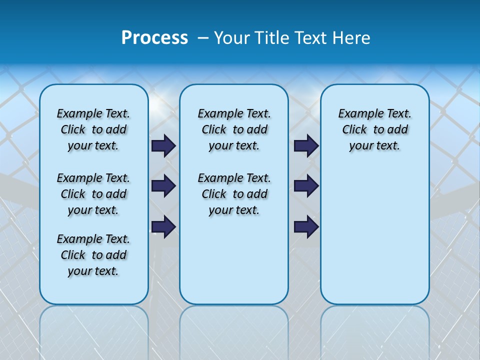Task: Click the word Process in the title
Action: point(154,38)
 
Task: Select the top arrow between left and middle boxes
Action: point(163,145)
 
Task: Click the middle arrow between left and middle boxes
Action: point(163,186)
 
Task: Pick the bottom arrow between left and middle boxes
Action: point(163,226)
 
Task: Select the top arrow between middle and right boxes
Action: point(306,145)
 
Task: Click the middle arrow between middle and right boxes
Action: point(306,186)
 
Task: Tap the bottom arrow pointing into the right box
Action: point(306,226)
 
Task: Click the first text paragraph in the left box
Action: point(93,129)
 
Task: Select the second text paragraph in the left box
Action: point(93,194)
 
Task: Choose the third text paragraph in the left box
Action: point(93,255)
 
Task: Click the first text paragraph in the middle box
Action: point(234,129)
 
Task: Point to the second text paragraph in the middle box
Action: point(234,194)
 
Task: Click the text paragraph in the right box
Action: point(375,129)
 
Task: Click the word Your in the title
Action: point(231,38)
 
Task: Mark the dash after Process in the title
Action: point(203,38)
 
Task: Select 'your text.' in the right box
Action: point(375,145)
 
